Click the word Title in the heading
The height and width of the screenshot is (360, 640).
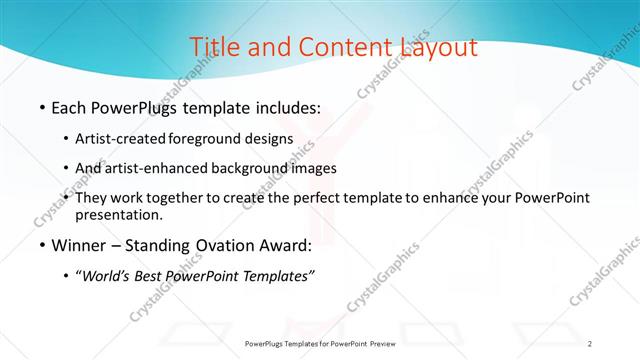tap(212, 47)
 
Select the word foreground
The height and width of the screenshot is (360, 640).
tap(206, 138)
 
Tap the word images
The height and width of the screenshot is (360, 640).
tap(309, 168)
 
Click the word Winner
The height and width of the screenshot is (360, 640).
tap(79, 245)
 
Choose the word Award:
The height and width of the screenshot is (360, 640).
tap(308, 245)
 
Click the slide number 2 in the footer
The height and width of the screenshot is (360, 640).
tap(590, 343)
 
